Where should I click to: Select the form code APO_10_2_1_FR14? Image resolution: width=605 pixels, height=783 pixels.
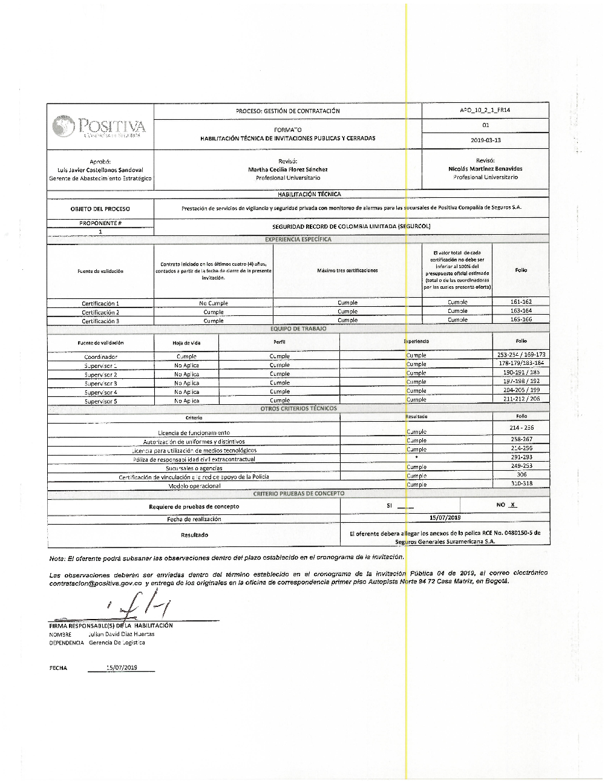coord(485,111)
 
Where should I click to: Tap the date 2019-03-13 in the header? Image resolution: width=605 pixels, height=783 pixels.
coord(485,140)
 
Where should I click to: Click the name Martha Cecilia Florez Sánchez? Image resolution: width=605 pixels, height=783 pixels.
coord(287,169)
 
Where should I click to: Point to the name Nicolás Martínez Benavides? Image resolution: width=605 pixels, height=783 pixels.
coord(485,169)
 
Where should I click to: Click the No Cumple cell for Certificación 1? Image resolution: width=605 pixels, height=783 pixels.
coord(213,303)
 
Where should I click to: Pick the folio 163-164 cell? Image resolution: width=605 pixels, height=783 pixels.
coord(521,310)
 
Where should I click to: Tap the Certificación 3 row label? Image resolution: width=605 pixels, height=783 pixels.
coord(100,321)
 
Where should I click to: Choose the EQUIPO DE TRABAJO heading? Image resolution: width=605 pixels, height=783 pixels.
coord(298,329)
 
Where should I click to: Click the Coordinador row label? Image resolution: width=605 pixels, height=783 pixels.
coord(100,357)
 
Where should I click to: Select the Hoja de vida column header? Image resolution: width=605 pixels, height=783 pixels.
coord(186,343)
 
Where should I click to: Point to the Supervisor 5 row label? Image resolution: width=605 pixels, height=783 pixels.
coord(100,401)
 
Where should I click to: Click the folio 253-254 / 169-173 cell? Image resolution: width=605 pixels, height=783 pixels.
coord(521,355)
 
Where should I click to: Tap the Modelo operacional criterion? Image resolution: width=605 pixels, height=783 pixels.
coord(194,486)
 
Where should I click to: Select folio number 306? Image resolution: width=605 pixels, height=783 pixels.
coord(521,475)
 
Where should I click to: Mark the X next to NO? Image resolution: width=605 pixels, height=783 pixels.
coord(512,505)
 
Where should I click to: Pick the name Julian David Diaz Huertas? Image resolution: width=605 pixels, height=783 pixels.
coord(121,634)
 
